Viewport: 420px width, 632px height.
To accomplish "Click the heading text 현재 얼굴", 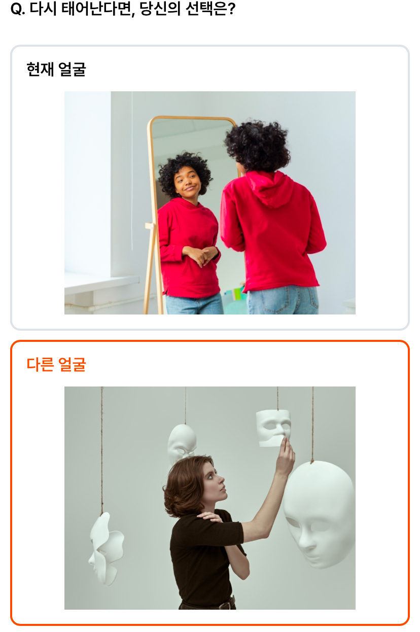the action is click(56, 69).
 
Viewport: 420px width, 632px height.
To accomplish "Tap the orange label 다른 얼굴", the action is click(56, 364).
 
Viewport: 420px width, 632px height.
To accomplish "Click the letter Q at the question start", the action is click(17, 9).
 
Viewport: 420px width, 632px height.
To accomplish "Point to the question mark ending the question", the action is click(231, 9).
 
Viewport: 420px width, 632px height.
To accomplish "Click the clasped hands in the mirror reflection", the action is click(200, 255).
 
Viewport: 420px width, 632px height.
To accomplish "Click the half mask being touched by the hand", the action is click(273, 428).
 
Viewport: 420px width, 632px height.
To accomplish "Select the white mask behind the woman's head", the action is click(182, 442).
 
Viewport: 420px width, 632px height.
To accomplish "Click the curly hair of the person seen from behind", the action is click(257, 146).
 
